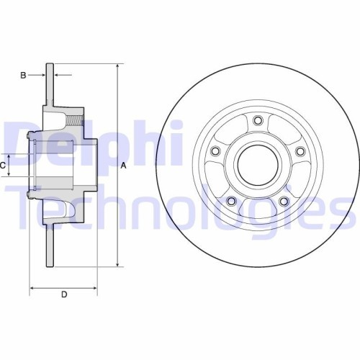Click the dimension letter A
123,166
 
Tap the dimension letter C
4,165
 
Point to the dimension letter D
63,294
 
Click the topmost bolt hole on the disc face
257,120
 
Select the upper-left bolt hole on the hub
215,151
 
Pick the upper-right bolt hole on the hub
299,151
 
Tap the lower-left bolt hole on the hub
230,201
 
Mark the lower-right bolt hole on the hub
283,201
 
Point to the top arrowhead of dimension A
117,65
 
